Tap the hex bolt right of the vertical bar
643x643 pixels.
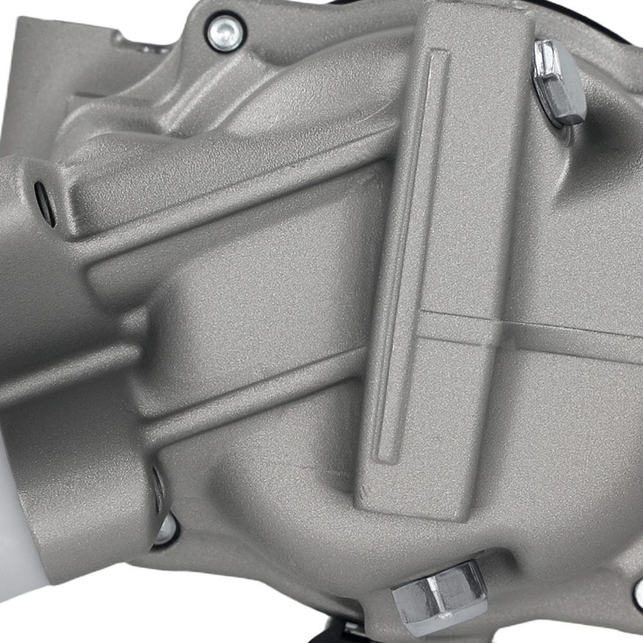[x=558, y=82]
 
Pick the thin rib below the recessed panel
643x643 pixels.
[x=257, y=399]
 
